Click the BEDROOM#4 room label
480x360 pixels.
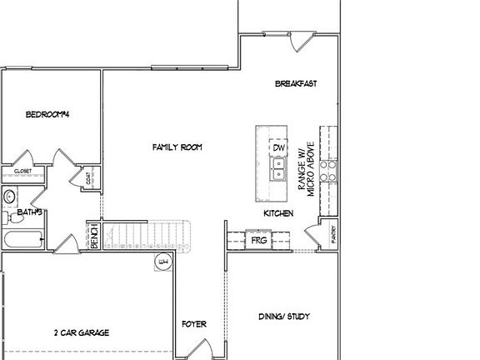(46, 114)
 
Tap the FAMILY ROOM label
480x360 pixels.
(177, 147)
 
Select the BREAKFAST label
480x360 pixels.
(296, 83)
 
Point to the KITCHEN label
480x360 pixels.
(278, 214)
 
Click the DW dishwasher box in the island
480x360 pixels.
(279, 148)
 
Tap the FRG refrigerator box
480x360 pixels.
(257, 241)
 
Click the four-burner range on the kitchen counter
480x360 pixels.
(330, 171)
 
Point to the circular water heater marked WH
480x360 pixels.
(162, 263)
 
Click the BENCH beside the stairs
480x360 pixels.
(94, 236)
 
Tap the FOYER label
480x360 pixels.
(194, 323)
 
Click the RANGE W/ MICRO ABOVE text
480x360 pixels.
(303, 167)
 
